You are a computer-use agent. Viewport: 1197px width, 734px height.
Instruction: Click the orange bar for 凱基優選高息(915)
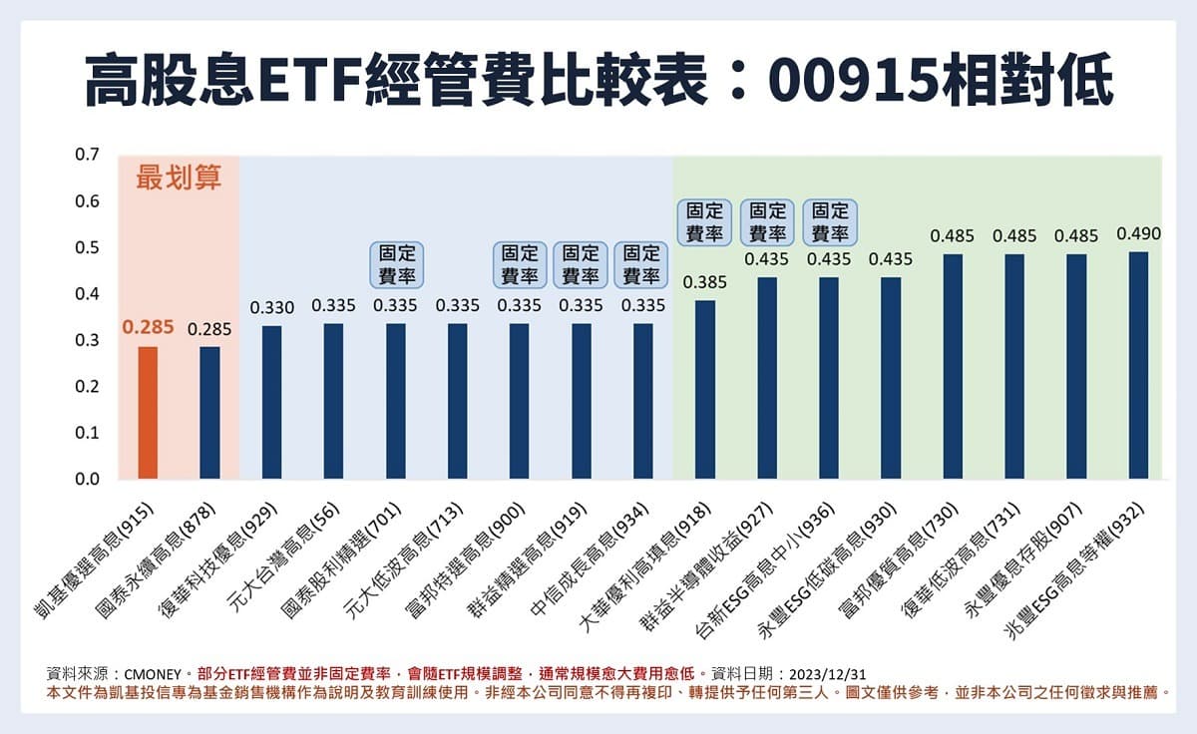pyautogui.click(x=148, y=413)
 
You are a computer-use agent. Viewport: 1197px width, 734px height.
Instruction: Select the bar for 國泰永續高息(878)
pyautogui.click(x=209, y=413)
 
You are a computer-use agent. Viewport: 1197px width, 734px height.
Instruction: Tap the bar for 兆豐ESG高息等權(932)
pyautogui.click(x=1138, y=365)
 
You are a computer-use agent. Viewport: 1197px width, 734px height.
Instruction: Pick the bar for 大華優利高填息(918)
pyautogui.click(x=705, y=390)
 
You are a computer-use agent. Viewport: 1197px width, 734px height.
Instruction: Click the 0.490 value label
pyautogui.click(x=1138, y=234)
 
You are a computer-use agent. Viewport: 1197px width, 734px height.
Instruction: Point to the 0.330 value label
pyautogui.click(x=271, y=308)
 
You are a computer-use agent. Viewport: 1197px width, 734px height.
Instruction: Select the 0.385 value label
pyautogui.click(x=705, y=283)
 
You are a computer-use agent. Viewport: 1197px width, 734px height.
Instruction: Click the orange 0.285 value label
pyautogui.click(x=148, y=326)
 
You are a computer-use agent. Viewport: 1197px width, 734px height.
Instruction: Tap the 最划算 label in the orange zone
pyautogui.click(x=179, y=179)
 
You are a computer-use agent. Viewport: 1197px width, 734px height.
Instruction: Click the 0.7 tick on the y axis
pyautogui.click(x=87, y=156)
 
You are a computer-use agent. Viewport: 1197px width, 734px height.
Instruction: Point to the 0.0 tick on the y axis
pyautogui.click(x=87, y=480)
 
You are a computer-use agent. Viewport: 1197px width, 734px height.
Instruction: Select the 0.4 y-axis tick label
pyautogui.click(x=87, y=294)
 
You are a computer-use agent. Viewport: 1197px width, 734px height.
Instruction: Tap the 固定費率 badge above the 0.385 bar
pyautogui.click(x=705, y=222)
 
